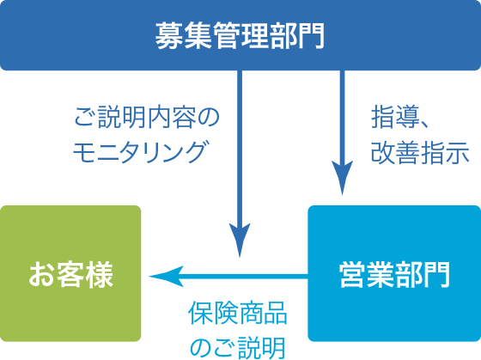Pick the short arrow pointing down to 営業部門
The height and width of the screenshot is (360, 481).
(343, 129)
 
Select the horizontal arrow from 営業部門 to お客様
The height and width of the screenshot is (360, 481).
(240, 276)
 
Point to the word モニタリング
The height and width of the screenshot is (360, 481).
(142, 152)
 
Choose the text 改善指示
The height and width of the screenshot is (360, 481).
(420, 152)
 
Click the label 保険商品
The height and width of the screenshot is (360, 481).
(237, 314)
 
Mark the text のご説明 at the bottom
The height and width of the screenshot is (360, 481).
(237, 347)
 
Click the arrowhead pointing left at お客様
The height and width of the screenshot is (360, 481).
(163, 276)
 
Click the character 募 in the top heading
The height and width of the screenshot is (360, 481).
(168, 35)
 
